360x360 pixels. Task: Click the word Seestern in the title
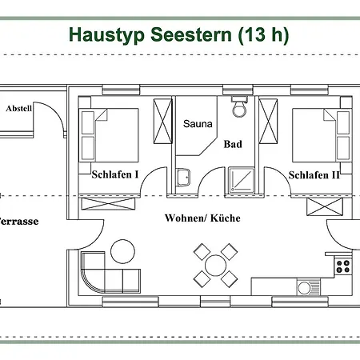(191, 34)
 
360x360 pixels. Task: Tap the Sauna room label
(198, 124)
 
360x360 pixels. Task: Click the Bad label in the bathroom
(233, 144)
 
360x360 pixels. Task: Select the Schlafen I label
(115, 174)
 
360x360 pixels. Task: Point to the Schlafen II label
(314, 175)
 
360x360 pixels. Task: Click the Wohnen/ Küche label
(202, 218)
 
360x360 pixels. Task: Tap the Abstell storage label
(19, 108)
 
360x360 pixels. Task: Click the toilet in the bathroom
(240, 107)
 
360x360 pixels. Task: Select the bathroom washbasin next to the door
(183, 177)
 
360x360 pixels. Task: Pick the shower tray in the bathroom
(242, 179)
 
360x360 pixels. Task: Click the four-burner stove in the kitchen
(343, 266)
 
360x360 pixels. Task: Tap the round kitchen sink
(304, 288)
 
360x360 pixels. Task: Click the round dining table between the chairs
(215, 266)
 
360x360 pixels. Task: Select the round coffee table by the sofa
(122, 252)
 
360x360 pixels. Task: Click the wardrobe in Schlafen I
(163, 121)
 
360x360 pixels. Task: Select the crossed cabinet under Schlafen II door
(325, 206)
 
